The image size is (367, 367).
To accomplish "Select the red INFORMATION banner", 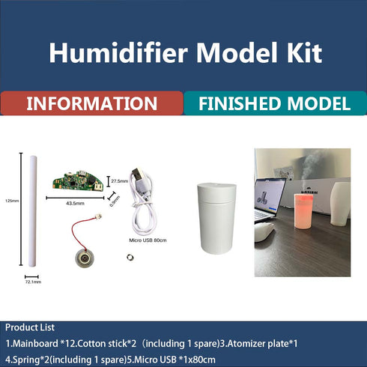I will coord(91,103).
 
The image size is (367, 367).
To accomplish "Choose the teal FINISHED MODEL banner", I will coord(275,103).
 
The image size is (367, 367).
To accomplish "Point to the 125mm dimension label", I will coord(10,201).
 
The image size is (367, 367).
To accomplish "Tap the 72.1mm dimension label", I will coord(31,282).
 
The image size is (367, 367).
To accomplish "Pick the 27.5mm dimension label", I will coord(119,181).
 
